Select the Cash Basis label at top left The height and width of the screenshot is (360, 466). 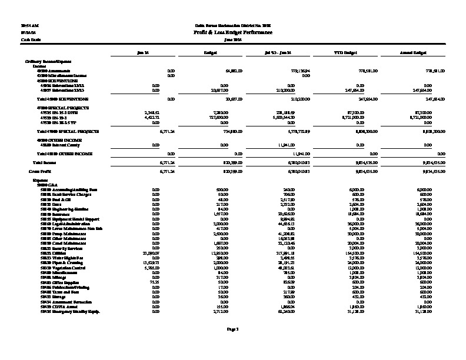(27, 39)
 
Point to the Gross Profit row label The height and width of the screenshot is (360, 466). (39, 170)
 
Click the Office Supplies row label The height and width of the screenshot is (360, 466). (63, 282)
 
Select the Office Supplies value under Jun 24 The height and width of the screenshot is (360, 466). (155, 282)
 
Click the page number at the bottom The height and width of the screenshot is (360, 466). (232, 328)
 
